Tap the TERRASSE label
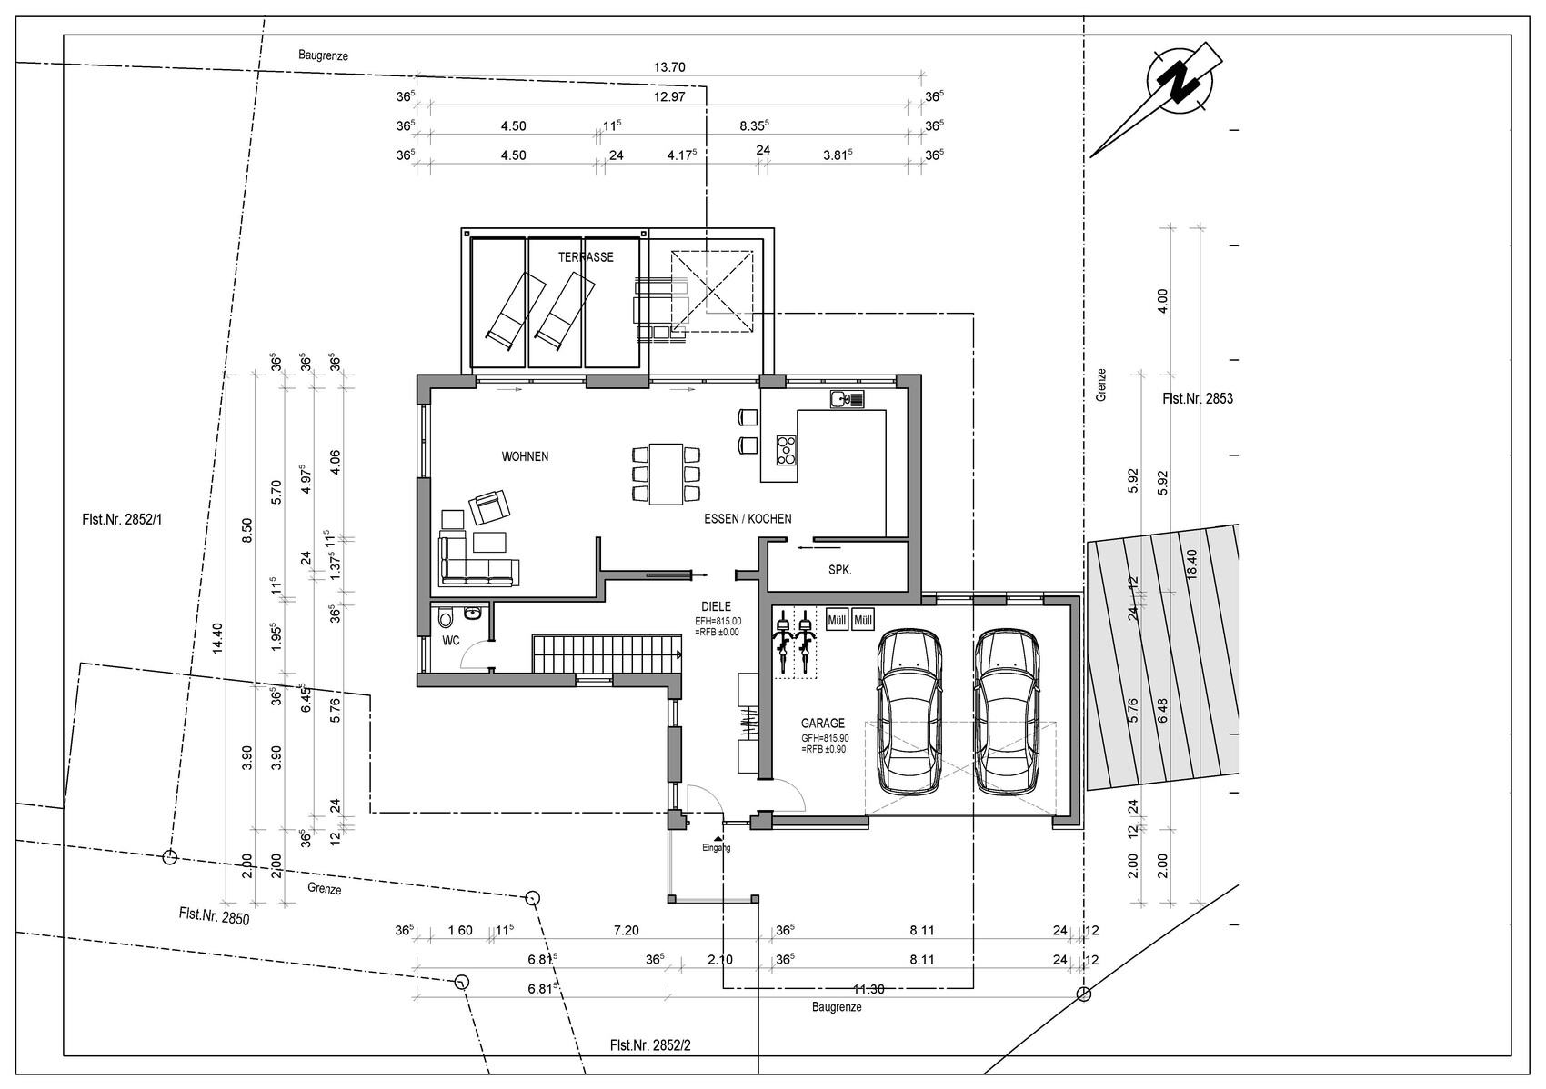tap(586, 257)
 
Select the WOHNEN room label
tap(526, 456)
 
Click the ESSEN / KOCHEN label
tap(748, 519)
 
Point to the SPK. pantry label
tap(840, 570)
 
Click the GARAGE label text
tap(823, 724)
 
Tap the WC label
tap(451, 641)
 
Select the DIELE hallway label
tap(716, 607)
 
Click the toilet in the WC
tap(446, 616)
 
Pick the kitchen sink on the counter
tap(847, 399)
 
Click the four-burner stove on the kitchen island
tap(786, 450)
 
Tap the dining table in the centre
tap(666, 474)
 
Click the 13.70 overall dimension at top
tap(668, 67)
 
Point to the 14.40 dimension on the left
tap(218, 638)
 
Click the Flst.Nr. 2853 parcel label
tap(1198, 399)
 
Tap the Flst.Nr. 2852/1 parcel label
tap(122, 520)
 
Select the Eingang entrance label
tap(717, 847)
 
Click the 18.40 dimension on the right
tap(1192, 564)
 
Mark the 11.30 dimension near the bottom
tap(868, 990)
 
